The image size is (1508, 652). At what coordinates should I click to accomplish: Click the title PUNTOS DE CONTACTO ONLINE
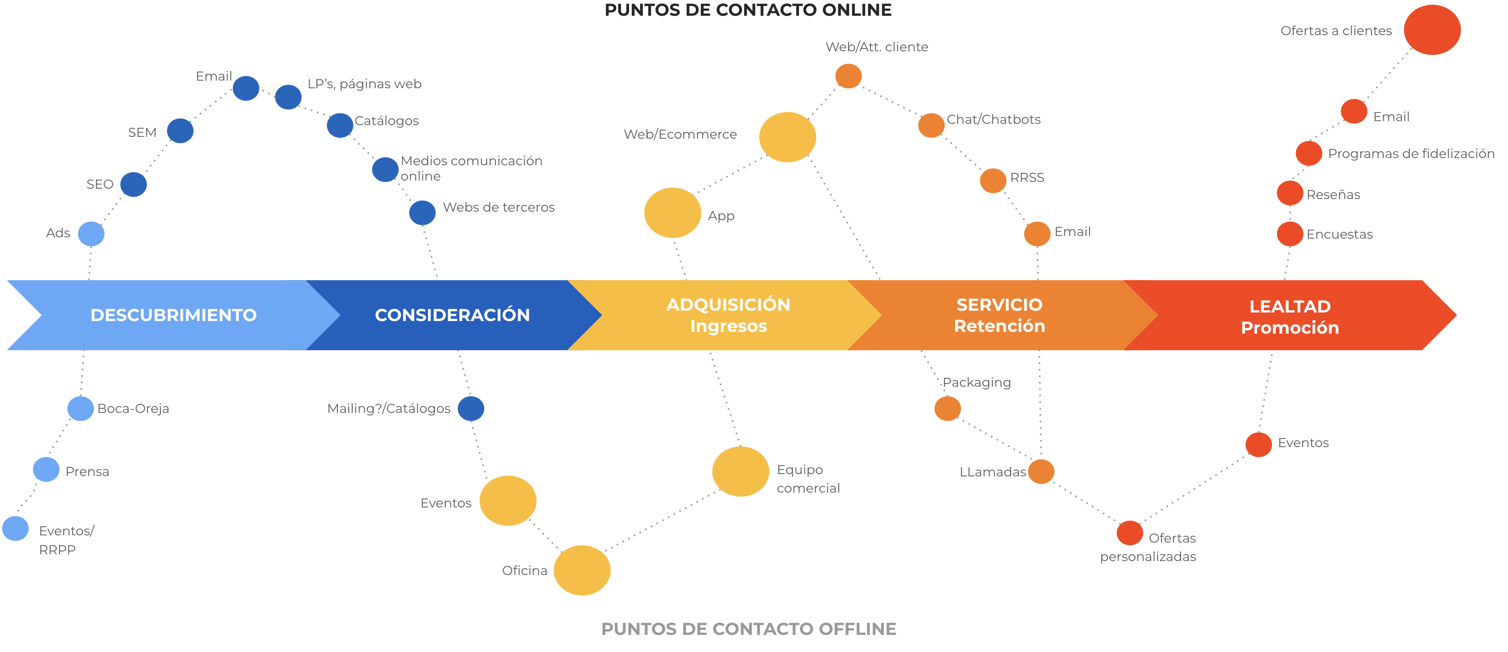748,10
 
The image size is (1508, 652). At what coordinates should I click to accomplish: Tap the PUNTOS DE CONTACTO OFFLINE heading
748,629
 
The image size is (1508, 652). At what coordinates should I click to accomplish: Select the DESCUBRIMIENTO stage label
173,315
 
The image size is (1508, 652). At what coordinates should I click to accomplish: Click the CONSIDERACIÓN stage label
452,315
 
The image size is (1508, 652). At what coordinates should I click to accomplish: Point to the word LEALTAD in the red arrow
1290,306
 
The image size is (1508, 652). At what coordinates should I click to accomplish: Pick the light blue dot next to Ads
91,234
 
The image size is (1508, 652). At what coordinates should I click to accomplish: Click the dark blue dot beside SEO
133,184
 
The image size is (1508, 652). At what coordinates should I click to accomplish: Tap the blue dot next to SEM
180,131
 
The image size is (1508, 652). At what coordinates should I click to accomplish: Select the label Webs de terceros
498,207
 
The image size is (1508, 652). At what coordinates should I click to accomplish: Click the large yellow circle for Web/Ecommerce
787,137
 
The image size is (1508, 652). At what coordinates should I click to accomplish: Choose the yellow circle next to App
672,213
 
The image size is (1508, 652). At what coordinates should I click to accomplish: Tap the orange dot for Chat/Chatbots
931,125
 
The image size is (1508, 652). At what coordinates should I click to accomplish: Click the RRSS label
1027,177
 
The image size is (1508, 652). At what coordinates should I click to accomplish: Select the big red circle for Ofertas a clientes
1432,30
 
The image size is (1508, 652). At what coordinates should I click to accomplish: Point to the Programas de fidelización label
1411,154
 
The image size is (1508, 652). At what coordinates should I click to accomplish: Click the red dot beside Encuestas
1290,234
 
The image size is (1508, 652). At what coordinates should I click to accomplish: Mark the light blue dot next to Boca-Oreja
81,408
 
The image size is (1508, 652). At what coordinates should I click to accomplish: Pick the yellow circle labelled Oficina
582,570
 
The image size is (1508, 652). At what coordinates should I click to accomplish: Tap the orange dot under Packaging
947,408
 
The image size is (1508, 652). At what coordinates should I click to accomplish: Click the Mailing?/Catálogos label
389,408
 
